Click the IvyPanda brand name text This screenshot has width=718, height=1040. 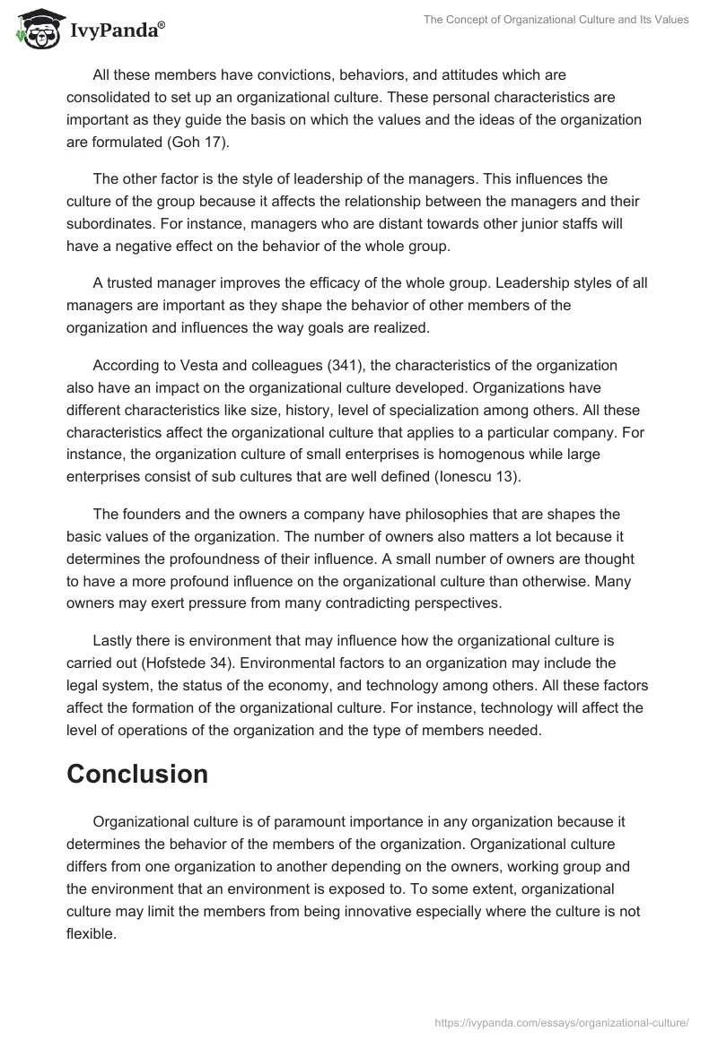116,31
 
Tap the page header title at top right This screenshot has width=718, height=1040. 557,20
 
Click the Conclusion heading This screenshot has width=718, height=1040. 137,774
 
